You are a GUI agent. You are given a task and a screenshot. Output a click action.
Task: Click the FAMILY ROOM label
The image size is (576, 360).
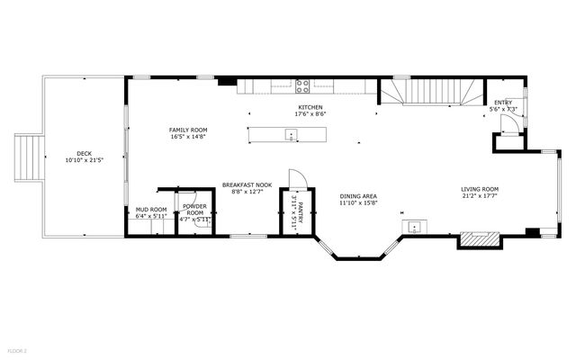pyautogui.click(x=188, y=130)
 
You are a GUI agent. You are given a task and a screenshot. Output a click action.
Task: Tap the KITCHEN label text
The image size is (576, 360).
pyautogui.click(x=310, y=107)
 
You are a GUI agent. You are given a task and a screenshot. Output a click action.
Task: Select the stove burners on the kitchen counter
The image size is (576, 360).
pyautogui.click(x=302, y=87)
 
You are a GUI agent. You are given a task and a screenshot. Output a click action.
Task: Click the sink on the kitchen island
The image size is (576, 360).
pyautogui.click(x=291, y=135)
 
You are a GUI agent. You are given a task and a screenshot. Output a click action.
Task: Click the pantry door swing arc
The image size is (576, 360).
pyautogui.click(x=297, y=178)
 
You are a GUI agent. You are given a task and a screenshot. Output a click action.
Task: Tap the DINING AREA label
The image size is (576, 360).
pyautogui.click(x=357, y=196)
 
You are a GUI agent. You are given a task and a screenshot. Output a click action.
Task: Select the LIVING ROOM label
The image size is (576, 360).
pyautogui.click(x=480, y=189)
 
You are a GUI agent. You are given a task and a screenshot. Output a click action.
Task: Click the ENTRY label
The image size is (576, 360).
pyautogui.click(x=503, y=103)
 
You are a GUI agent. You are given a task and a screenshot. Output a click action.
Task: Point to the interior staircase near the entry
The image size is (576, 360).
pyautogui.click(x=429, y=91)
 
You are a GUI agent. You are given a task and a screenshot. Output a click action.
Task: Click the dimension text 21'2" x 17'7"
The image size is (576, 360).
pyautogui.click(x=480, y=196)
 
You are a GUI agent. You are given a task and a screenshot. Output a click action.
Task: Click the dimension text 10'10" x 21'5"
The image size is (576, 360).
pyautogui.click(x=84, y=160)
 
